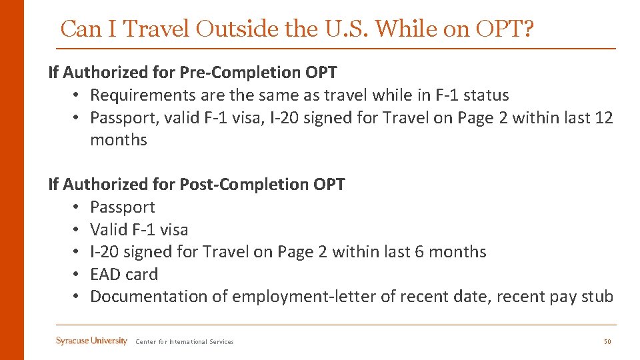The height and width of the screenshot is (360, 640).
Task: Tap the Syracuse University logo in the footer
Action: point(91,341)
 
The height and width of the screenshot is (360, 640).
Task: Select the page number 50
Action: point(607,342)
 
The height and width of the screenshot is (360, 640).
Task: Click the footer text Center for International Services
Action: point(185,342)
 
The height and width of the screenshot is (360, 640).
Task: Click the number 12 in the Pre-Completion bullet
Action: point(604,117)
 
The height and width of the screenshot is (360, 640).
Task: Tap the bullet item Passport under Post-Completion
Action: point(123,207)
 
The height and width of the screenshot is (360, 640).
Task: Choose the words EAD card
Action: point(124,274)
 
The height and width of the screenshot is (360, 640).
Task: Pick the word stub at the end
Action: point(597,296)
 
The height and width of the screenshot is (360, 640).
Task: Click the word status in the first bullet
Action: point(486,95)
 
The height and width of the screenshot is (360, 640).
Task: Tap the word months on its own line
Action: point(119,139)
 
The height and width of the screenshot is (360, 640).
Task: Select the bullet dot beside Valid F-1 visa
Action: point(77,229)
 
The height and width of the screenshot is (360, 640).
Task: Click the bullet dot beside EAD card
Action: point(77,274)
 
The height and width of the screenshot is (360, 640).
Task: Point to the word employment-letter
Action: point(303,296)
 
